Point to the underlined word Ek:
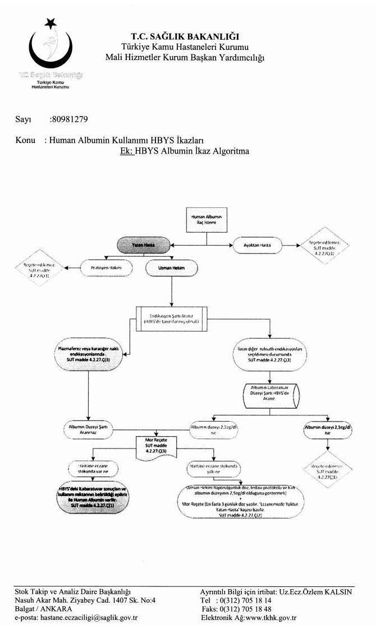point(126,151)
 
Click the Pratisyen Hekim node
point(107,268)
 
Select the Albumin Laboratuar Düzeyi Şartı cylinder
point(269,394)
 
